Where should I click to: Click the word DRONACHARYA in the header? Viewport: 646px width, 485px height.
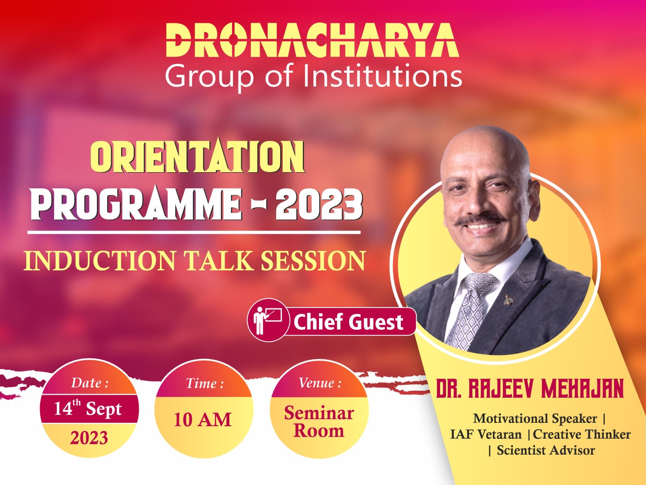tap(312, 40)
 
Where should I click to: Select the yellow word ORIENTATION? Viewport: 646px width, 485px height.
tap(197, 156)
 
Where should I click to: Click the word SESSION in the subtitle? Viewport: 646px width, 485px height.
tap(313, 261)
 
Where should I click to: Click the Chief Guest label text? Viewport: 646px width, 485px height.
tap(348, 322)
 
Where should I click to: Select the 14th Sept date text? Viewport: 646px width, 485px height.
tap(88, 408)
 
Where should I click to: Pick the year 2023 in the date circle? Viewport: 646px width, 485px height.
tap(89, 438)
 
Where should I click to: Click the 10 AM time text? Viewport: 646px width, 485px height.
tap(203, 420)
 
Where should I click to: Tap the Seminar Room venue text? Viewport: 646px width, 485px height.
tap(319, 422)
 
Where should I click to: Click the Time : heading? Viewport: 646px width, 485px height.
tap(205, 384)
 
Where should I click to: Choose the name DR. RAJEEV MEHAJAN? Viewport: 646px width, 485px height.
tap(529, 389)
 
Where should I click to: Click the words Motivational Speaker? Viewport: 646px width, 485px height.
tap(535, 418)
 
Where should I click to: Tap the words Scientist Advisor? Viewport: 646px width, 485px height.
tap(546, 450)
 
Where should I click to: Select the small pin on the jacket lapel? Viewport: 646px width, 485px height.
tap(508, 299)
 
